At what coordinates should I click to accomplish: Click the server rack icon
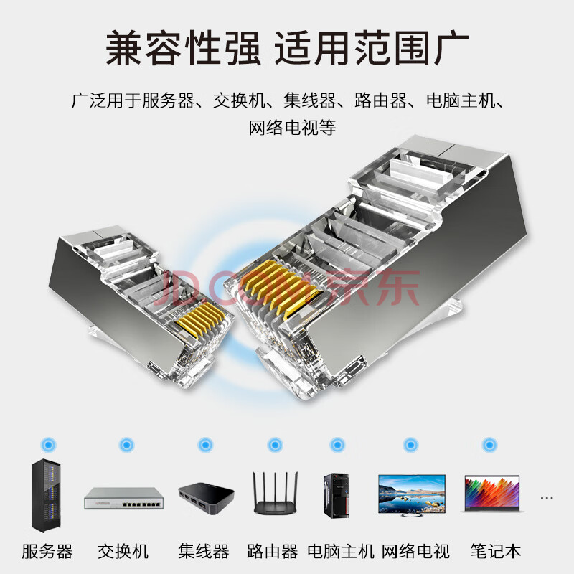46,495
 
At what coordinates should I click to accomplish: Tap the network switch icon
124,498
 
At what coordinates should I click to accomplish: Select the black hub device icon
207,499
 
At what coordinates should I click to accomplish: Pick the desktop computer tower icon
337,496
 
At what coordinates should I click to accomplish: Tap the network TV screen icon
412,495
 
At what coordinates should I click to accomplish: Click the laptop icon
492,493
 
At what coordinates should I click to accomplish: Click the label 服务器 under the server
47,551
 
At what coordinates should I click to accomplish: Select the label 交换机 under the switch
123,551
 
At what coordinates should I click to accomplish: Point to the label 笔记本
495,551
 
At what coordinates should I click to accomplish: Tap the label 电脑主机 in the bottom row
340,551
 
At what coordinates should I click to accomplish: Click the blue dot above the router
275,445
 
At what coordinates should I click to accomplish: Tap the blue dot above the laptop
489,445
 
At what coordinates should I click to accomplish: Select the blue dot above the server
49,445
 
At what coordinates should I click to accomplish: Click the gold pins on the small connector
200,319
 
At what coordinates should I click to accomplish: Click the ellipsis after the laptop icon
546,498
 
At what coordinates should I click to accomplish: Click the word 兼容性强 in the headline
183,48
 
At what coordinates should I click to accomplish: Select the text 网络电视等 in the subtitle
292,128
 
